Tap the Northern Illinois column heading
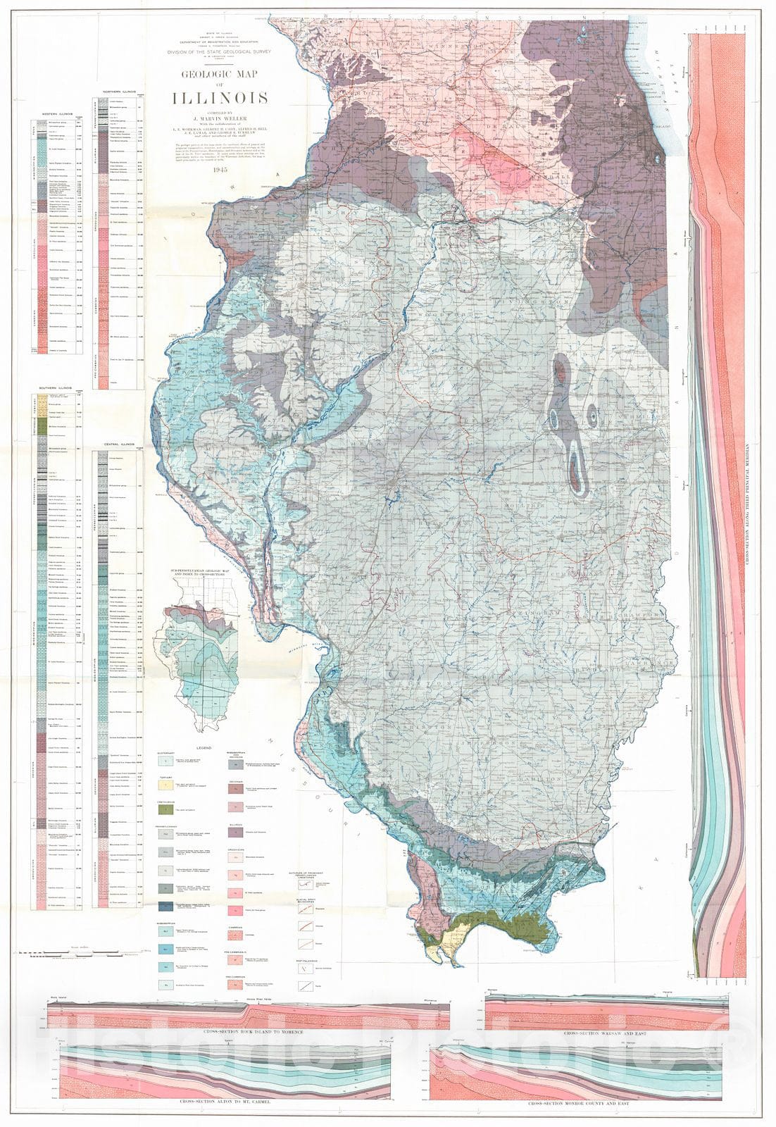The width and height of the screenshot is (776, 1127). pyautogui.click(x=118, y=92)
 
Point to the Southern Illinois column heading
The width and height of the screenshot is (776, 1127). pyautogui.click(x=57, y=388)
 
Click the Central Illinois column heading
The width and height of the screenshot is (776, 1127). pyautogui.click(x=118, y=444)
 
